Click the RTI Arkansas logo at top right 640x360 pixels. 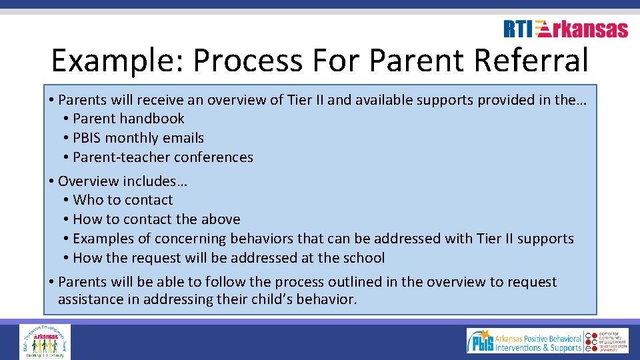(565, 29)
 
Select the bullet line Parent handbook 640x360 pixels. (128, 119)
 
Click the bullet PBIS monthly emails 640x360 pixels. (138, 138)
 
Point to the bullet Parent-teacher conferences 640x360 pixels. (163, 157)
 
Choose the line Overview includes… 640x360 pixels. (115, 181)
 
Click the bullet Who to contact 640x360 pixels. (123, 200)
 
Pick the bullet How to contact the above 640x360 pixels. (156, 219)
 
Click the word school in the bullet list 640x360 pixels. (363, 258)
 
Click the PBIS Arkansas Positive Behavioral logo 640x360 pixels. (525, 341)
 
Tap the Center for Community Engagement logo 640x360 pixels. (607, 341)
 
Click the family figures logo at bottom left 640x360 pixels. (45, 341)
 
